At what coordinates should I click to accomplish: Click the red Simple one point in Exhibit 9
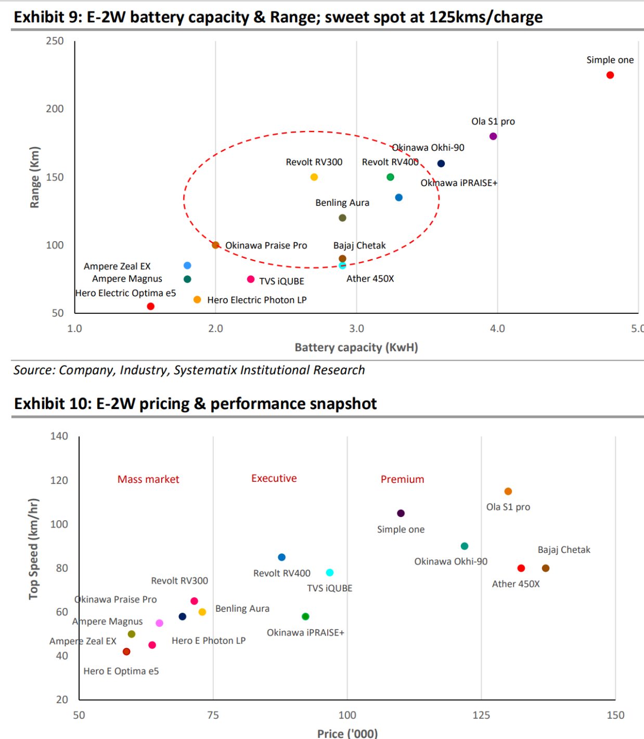coord(610,75)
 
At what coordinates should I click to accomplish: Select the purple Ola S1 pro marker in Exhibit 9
coord(493,136)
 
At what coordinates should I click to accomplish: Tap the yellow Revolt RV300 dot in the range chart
coord(314,177)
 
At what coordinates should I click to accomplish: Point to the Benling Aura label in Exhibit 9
coord(342,203)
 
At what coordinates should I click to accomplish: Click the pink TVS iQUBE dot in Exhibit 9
coord(251,279)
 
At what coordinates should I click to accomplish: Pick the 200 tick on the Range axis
coord(55,109)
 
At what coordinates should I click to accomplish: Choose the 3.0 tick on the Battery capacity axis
coord(356,328)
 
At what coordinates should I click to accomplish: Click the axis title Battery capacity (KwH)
coord(356,347)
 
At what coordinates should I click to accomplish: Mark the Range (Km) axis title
coord(34,177)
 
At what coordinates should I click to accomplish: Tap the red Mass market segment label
coord(148,479)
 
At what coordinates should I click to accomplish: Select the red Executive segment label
coord(274,478)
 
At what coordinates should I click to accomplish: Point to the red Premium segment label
coord(402,479)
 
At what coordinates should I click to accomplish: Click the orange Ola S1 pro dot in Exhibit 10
coord(508,492)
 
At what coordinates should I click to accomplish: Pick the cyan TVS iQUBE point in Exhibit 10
coord(330,573)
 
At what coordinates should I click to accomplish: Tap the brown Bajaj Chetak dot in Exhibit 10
coord(546,568)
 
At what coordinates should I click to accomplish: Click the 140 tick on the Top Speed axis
coord(59,436)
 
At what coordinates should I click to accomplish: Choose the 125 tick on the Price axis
coord(481,715)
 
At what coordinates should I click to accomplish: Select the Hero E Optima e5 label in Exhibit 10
coord(121,671)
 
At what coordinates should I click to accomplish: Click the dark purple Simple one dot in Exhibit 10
coord(401,513)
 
